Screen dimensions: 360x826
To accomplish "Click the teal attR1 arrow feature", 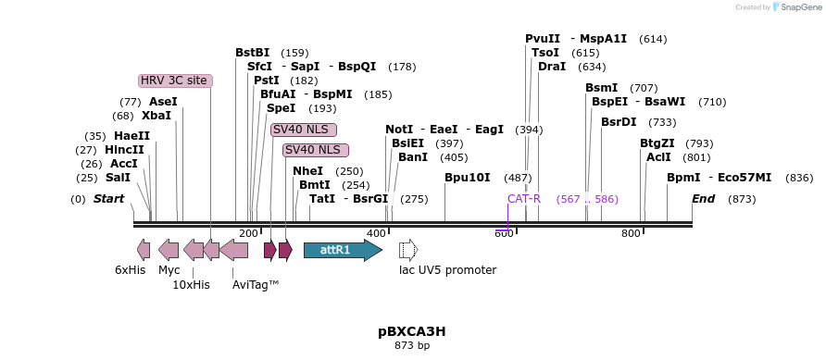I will click(x=342, y=250).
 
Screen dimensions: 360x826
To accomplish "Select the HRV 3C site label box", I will click(x=175, y=81).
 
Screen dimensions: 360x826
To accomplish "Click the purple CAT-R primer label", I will click(x=523, y=199).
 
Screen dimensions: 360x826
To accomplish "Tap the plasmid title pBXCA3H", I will click(x=412, y=330).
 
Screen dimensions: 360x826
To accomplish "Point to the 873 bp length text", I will click(x=412, y=346).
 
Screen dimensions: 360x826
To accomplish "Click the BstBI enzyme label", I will click(x=252, y=53).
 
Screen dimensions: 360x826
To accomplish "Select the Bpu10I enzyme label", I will click(x=467, y=177).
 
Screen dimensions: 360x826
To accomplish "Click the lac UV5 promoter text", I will click(x=447, y=270).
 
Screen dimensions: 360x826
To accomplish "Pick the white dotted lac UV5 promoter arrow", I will click(x=408, y=250).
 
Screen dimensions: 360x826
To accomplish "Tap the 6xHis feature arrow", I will click(x=144, y=249).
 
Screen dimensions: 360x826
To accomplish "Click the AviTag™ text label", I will click(x=256, y=285).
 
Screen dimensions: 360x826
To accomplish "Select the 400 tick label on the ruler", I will click(x=376, y=233).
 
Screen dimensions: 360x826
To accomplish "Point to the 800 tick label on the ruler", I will click(x=631, y=233).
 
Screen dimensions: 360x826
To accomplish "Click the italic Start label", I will click(x=108, y=199).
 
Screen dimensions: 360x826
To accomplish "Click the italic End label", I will click(x=703, y=199).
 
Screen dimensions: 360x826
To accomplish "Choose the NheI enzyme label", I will click(x=308, y=171).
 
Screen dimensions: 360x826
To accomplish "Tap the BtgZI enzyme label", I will click(x=657, y=143).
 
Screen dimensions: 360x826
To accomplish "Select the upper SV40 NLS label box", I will click(x=304, y=130).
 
